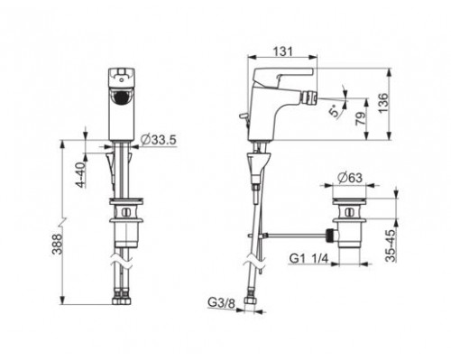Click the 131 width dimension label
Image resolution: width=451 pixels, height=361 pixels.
(x=282, y=51)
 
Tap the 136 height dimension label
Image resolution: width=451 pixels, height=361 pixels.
(x=383, y=103)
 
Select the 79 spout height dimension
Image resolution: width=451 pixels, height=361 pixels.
(x=361, y=118)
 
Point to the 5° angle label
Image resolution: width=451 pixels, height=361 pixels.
(x=335, y=112)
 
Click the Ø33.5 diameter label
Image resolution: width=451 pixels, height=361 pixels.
(x=158, y=140)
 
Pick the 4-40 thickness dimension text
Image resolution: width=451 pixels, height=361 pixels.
(x=81, y=175)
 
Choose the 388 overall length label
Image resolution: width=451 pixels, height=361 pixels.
(x=57, y=245)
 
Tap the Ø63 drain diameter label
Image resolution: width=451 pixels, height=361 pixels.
(x=350, y=178)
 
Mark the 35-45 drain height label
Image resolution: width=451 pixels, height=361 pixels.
(x=391, y=245)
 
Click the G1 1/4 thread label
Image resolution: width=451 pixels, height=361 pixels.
(x=308, y=258)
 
